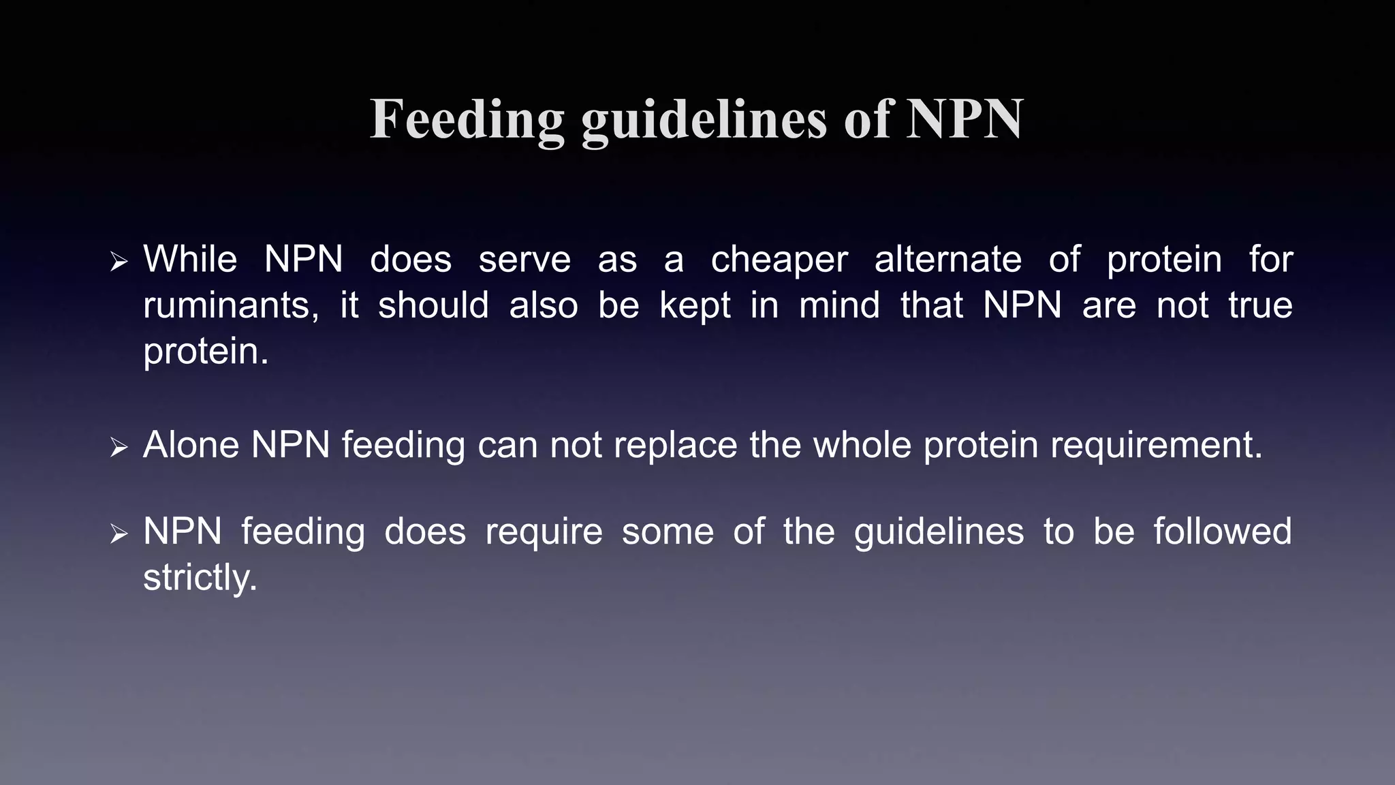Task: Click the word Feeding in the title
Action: point(467,120)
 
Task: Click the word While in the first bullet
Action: point(190,260)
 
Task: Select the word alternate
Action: point(947,260)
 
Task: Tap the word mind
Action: point(839,305)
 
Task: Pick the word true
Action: point(1260,305)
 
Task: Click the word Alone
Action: point(191,445)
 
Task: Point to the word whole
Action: point(862,445)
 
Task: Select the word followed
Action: point(1222,532)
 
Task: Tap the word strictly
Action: point(200,579)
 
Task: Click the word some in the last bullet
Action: point(668,532)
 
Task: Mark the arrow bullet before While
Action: point(119,262)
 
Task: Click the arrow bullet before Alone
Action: point(119,447)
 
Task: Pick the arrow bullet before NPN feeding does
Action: point(119,534)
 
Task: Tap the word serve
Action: point(524,260)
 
